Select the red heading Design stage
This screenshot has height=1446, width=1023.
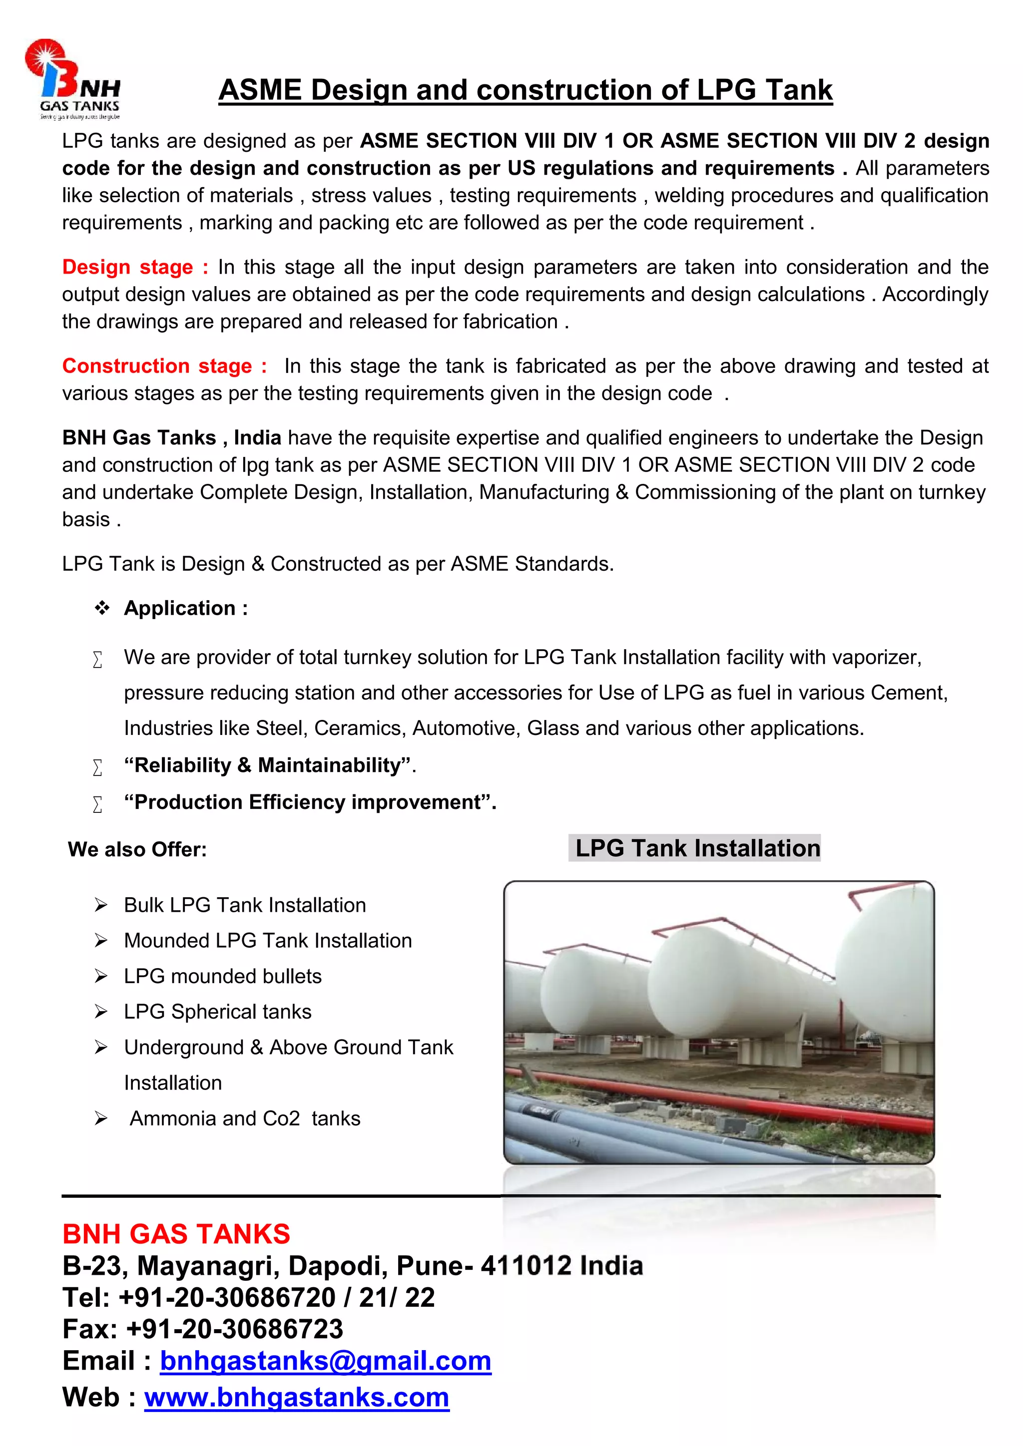[127, 267]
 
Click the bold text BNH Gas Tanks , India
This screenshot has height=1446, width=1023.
[171, 438]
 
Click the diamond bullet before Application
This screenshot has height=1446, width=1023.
[101, 608]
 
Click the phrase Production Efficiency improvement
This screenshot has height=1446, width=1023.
[309, 802]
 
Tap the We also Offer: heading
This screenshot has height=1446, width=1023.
[137, 850]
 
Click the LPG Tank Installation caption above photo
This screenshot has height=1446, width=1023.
[697, 848]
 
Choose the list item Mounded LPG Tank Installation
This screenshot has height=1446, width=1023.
[268, 941]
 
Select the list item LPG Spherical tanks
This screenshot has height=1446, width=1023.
[217, 1012]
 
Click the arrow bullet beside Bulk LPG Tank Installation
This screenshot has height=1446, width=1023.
[101, 906]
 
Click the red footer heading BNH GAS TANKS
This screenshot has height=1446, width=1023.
[176, 1234]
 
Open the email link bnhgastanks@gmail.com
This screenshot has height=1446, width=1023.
[325, 1362]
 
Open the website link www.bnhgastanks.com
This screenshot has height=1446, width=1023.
[297, 1398]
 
